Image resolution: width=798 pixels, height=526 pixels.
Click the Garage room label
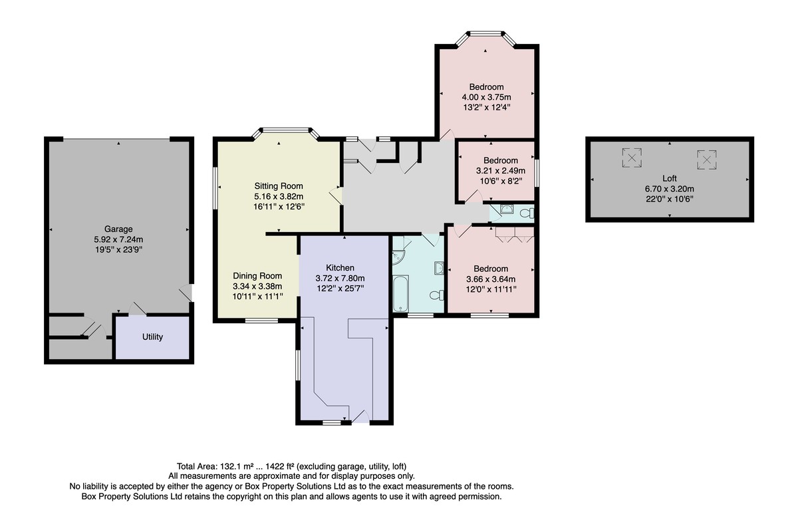pyautogui.click(x=118, y=229)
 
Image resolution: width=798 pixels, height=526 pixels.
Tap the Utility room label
pyautogui.click(x=152, y=337)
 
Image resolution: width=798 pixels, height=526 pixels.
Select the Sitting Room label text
pyautogui.click(x=279, y=186)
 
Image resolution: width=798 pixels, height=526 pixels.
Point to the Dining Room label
pyautogui.click(x=257, y=276)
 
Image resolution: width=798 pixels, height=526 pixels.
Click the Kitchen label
pyautogui.click(x=340, y=268)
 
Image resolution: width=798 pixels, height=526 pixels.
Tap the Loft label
pyautogui.click(x=670, y=178)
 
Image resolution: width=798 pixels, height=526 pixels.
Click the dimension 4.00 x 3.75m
pyautogui.click(x=486, y=97)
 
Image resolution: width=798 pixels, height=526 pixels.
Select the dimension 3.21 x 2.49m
pyautogui.click(x=501, y=171)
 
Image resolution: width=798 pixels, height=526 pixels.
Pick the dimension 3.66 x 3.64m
pyautogui.click(x=491, y=279)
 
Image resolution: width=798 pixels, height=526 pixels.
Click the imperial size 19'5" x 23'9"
pyautogui.click(x=118, y=249)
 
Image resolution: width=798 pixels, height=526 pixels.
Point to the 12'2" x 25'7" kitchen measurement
pyautogui.click(x=340, y=288)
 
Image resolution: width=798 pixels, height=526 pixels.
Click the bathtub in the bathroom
pyautogui.click(x=400, y=293)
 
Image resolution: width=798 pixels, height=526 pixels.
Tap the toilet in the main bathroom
pyautogui.click(x=437, y=295)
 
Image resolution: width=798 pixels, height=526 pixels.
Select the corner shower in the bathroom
pyautogui.click(x=398, y=258)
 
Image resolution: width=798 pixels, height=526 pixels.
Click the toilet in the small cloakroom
pyautogui.click(x=527, y=213)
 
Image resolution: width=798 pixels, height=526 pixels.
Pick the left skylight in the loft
pyautogui.click(x=632, y=158)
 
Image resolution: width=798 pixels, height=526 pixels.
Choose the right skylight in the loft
pyautogui.click(x=706, y=160)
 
